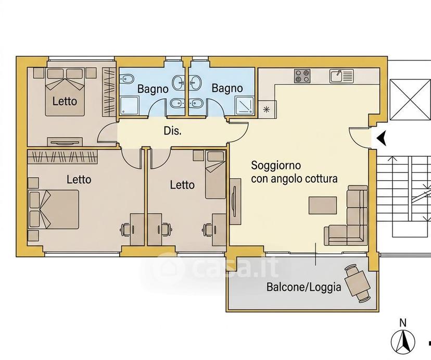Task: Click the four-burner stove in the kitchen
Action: [302, 76]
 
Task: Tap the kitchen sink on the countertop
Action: [341, 76]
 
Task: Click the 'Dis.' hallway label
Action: [173, 131]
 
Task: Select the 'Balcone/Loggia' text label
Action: [304, 287]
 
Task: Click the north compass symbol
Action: [403, 341]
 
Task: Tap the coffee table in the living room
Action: [323, 205]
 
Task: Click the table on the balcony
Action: [357, 283]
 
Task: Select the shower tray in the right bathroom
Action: [244, 105]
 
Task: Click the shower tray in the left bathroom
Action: [129, 105]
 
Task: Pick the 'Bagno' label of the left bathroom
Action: [153, 89]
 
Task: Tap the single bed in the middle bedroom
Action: [215, 175]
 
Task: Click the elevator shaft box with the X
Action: [410, 100]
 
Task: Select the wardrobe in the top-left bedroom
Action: [109, 91]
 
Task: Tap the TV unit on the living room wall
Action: [235, 201]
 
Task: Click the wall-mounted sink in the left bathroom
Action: [178, 82]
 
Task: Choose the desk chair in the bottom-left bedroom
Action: [125, 229]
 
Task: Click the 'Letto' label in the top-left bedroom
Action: [65, 101]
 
